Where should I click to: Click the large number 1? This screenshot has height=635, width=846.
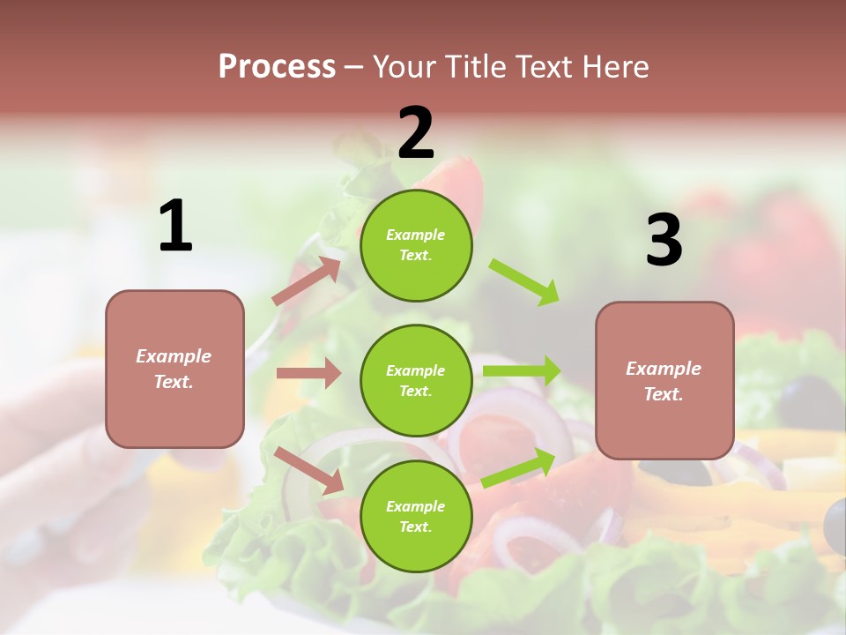(x=175, y=228)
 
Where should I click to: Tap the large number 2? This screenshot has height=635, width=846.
(x=416, y=132)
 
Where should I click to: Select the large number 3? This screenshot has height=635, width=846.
(x=664, y=241)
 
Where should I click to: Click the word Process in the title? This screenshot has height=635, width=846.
(x=277, y=66)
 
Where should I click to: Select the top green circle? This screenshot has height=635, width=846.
(x=416, y=245)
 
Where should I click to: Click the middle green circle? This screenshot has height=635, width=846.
(x=416, y=381)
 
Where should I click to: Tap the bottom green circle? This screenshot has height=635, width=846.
(x=416, y=517)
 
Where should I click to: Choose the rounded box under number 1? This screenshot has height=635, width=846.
(x=174, y=369)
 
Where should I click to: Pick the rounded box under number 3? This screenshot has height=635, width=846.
(x=664, y=380)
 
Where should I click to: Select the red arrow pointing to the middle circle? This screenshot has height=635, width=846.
(x=308, y=373)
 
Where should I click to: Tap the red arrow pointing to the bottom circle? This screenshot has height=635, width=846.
(x=309, y=470)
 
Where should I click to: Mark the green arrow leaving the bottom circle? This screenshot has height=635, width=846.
(x=518, y=467)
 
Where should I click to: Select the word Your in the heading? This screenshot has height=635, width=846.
(x=403, y=66)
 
